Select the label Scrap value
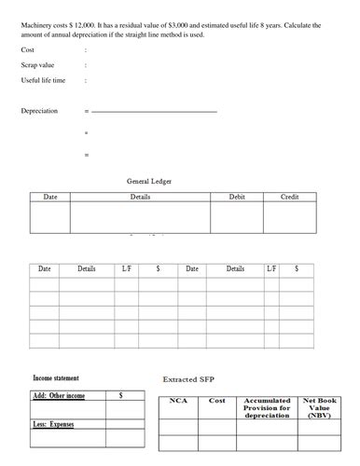coord(36,65)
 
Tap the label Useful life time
coord(43,80)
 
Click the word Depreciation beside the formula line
coord(39,111)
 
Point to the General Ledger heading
coord(148,181)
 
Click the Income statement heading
coord(56,378)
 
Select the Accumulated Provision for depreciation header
coord(267,408)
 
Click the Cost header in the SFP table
coord(216,401)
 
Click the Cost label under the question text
coord(28,49)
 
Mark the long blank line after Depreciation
coord(154,112)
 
